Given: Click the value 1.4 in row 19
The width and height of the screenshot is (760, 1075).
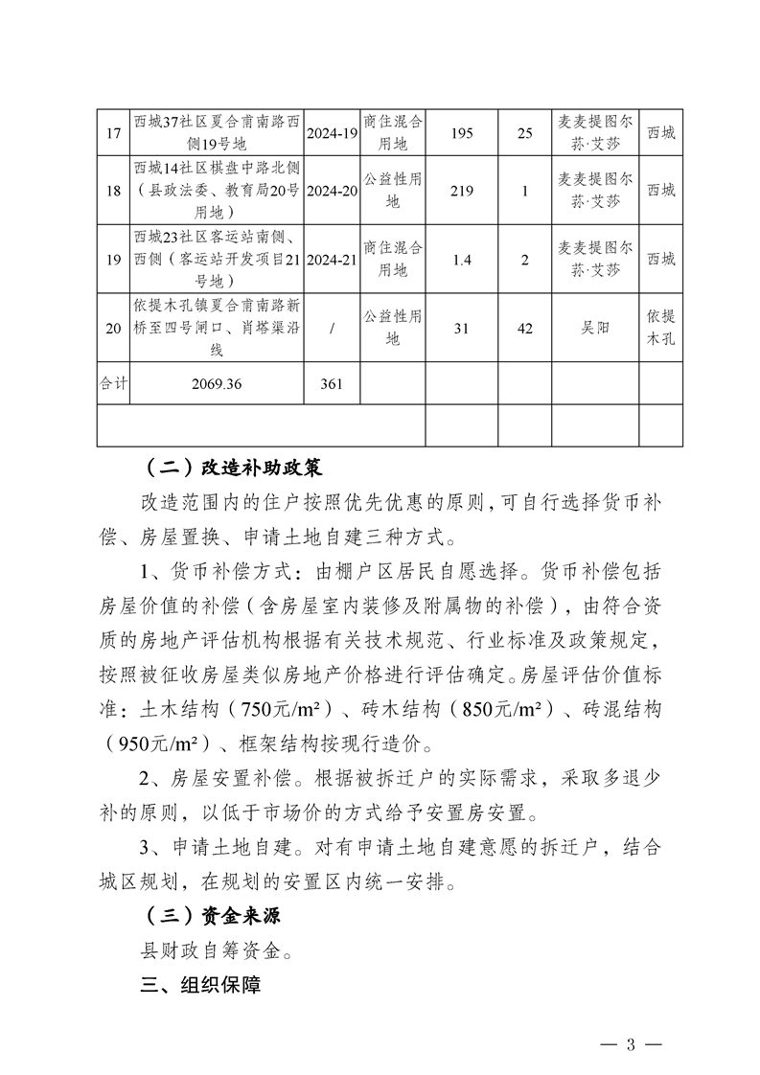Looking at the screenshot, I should (x=461, y=259).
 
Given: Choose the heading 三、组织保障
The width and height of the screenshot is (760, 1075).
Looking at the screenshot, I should (x=200, y=984).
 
